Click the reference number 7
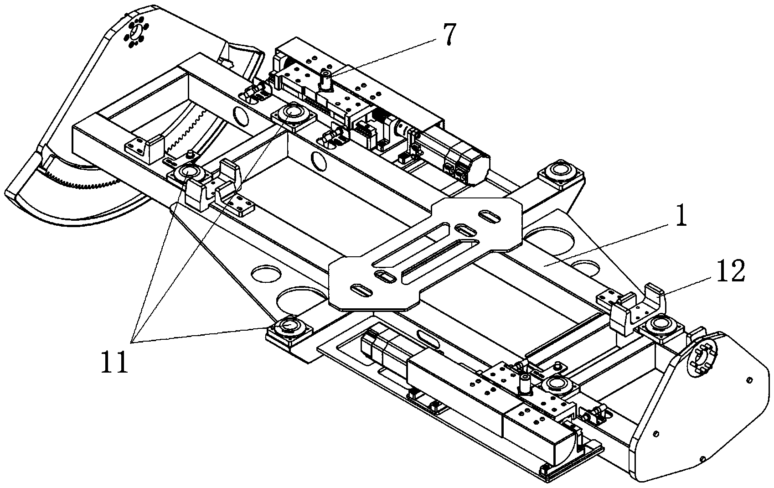pyautogui.click(x=448, y=35)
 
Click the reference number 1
pyautogui.click(x=681, y=216)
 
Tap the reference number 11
pyautogui.click(x=114, y=361)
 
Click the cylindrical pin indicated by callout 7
pyautogui.click(x=325, y=79)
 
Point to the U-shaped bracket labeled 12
pyautogui.click(x=638, y=309)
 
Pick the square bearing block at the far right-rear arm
pyautogui.click(x=561, y=173)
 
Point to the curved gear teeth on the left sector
pyautogui.click(x=83, y=183)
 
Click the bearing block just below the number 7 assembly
pyautogui.click(x=294, y=116)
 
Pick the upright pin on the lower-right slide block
pyautogui.click(x=525, y=383)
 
